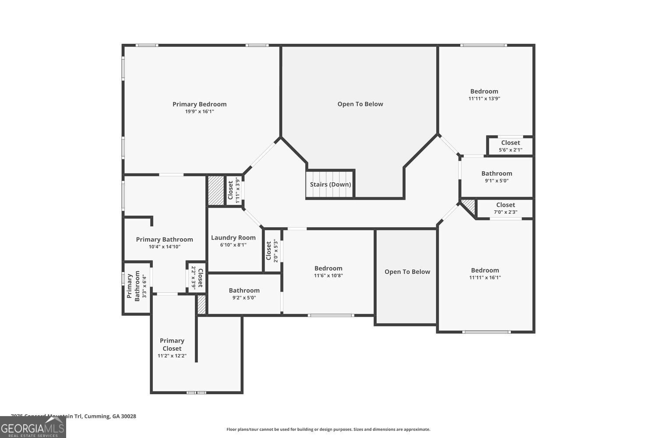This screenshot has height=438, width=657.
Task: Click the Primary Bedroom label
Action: pos(199,104)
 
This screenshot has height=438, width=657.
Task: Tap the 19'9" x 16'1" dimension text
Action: pos(199,112)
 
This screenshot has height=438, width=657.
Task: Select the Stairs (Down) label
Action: pos(330,184)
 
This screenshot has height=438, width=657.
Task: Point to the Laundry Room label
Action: pos(233,238)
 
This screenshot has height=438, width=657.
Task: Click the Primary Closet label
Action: pos(172,345)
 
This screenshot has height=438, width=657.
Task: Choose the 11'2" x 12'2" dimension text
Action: pos(172,356)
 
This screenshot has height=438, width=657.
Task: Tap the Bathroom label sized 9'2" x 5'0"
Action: pos(244,290)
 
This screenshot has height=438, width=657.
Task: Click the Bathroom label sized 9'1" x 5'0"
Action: pos(496,173)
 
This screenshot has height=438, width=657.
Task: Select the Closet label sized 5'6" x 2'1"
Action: pos(510,143)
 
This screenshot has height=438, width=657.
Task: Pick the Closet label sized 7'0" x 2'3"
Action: pos(505,205)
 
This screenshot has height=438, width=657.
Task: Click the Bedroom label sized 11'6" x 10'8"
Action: pos(328,268)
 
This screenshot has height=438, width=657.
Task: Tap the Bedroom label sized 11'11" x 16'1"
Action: pos(485,270)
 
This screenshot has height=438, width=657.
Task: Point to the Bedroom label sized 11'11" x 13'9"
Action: pos(484,92)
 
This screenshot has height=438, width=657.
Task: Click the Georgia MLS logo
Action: pos(33,427)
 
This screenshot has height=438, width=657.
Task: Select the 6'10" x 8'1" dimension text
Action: pos(233,245)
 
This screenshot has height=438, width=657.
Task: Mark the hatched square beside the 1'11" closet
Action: pos(215,191)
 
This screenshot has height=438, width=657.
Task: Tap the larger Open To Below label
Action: pos(360,104)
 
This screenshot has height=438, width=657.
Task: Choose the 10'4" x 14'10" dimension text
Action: pos(164,247)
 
